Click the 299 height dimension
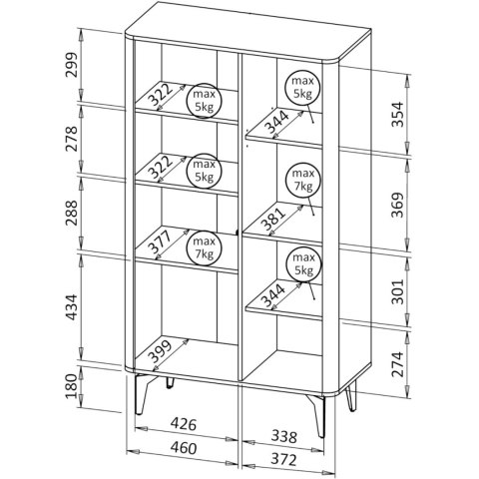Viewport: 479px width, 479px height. (71, 65)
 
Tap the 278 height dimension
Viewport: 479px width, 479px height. (71, 139)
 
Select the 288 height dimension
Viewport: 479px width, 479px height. (71, 214)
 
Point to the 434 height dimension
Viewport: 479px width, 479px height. (71, 307)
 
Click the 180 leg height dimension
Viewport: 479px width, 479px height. (71, 386)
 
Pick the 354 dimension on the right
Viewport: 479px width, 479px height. (397, 115)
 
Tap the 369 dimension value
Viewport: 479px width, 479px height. (397, 205)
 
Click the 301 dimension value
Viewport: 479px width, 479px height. (397, 291)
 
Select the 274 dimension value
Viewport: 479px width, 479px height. (397, 364)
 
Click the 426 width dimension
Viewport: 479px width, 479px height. (184, 424)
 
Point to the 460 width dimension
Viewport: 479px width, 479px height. (184, 448)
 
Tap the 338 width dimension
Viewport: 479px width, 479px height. (283, 436)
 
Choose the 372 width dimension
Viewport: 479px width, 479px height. (283, 460)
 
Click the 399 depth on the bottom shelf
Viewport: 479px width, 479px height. (160, 351)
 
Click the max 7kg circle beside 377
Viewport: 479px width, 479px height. (204, 247)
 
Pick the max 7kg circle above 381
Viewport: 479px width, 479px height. (303, 181)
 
